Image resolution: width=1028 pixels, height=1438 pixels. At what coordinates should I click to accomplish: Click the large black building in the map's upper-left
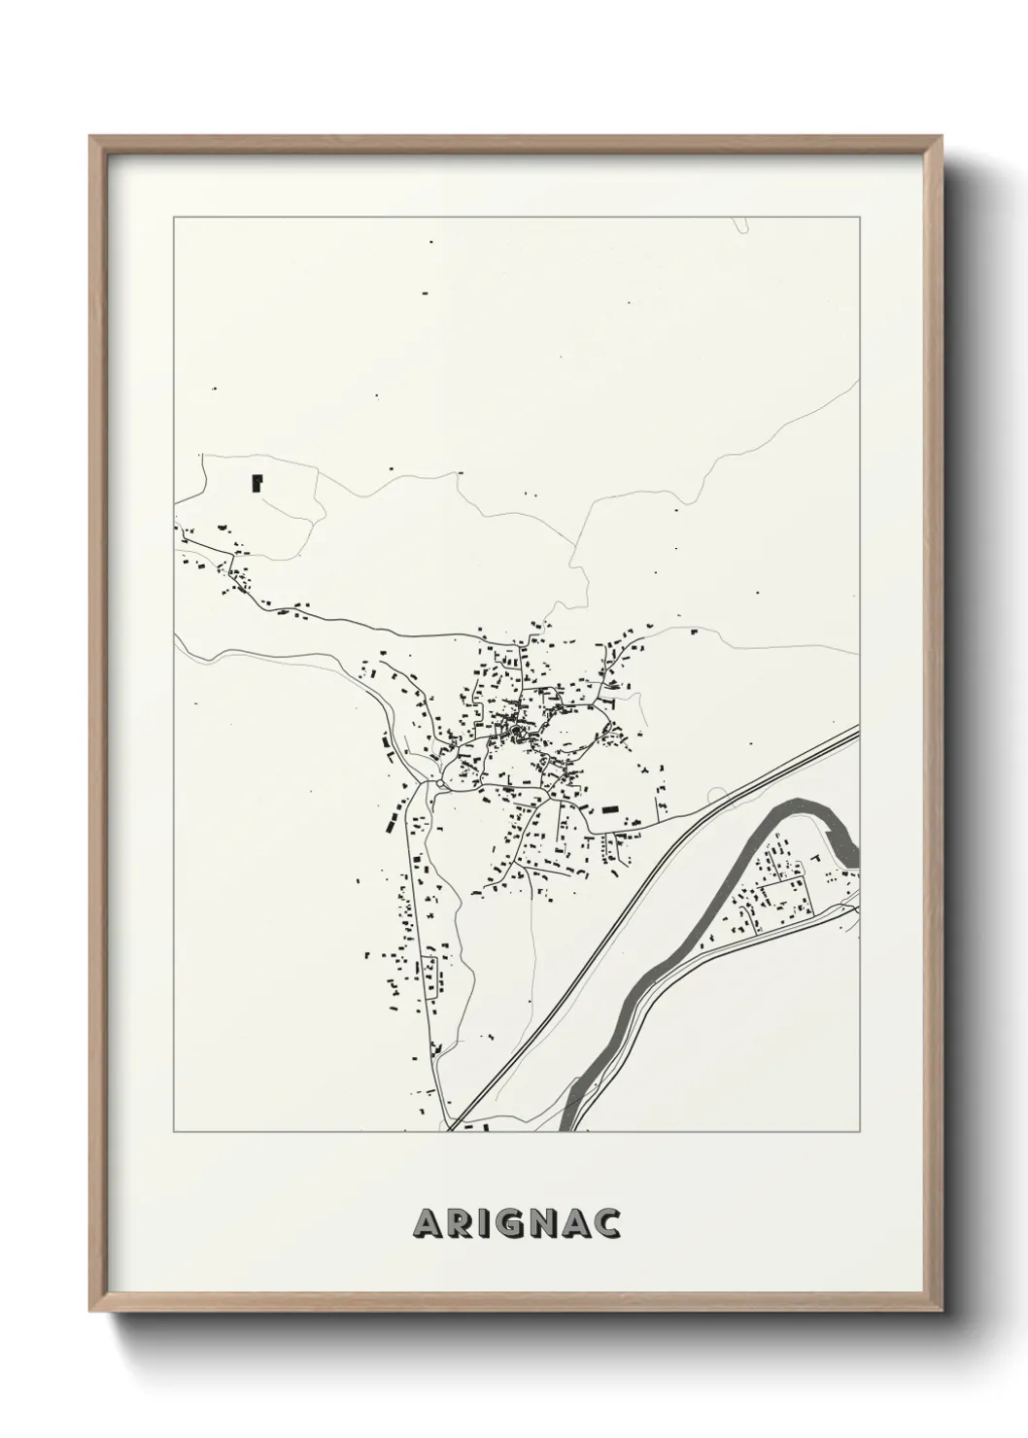[257, 481]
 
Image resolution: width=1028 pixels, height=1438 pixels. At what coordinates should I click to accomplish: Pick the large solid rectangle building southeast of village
[610, 808]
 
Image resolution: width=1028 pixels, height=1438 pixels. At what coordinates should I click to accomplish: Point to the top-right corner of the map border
[860, 218]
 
